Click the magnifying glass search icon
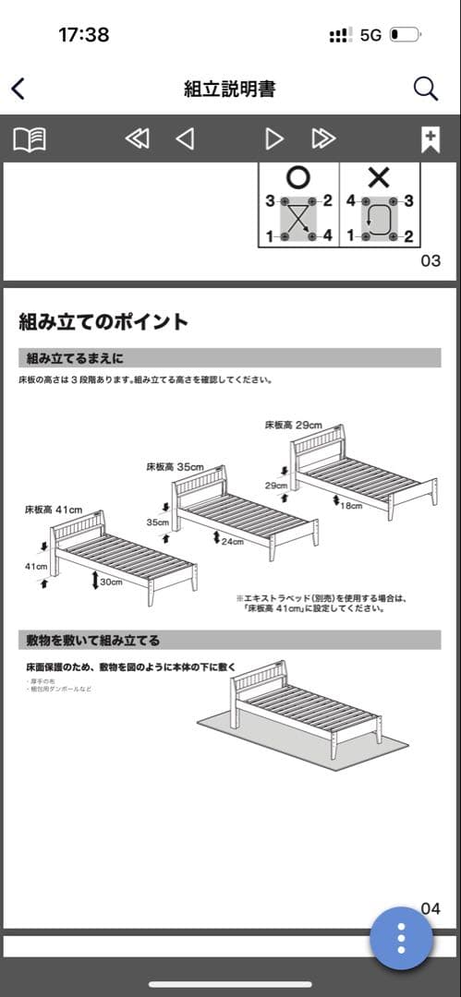pos(425,89)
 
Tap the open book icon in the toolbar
pos(30,139)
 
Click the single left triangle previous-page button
pos(185,139)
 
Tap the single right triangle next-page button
pos(274,139)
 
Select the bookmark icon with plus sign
pos(430,139)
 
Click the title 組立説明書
pos(229,90)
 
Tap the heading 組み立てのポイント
pos(103,322)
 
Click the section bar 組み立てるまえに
pos(230,358)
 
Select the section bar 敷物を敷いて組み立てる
pos(230,640)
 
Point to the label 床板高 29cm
pos(293,426)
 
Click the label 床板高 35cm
pos(174,467)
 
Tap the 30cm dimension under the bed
pos(112,583)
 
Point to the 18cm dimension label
pos(350,506)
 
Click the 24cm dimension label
pos(231,542)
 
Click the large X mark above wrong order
pos(379,177)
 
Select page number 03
pos(431,260)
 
